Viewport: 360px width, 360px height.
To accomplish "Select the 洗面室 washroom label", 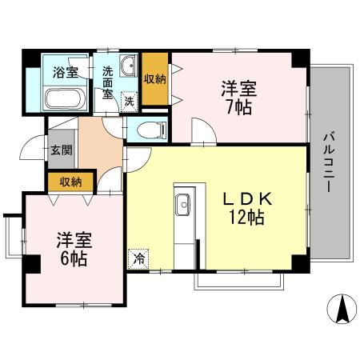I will coord(107,80).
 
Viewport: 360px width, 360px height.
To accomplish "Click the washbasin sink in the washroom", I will coord(127,66).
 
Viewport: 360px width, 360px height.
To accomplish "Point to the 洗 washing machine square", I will coord(128,102).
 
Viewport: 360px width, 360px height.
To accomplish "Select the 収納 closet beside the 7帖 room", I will coord(154,78).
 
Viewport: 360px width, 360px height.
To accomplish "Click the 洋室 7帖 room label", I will coord(238,96).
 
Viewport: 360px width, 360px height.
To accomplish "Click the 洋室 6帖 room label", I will coord(71,248).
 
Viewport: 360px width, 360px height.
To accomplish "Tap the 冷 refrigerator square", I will coord(138,258).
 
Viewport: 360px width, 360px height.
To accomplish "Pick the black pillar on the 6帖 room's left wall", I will coord(31,262).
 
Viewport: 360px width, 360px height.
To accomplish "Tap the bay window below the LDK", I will coord(238,279).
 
